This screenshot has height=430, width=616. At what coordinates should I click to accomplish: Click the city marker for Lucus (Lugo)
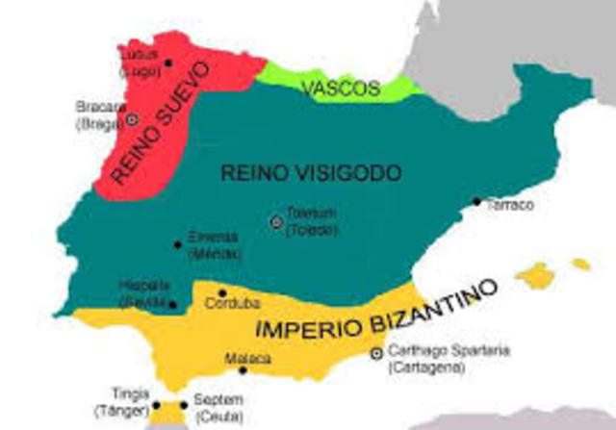(168, 63)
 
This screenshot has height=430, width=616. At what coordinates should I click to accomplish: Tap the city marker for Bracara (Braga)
(132, 119)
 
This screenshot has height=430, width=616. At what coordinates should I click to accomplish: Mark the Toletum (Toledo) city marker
(276, 222)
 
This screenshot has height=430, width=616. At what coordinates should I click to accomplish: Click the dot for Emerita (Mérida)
(177, 244)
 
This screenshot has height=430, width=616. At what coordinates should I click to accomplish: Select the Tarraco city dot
(476, 202)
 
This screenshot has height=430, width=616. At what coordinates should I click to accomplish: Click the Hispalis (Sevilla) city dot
(173, 305)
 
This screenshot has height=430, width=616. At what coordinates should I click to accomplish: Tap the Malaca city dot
(243, 370)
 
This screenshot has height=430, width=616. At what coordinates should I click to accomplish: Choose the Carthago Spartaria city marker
(376, 353)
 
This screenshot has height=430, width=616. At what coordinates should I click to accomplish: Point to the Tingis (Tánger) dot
(157, 406)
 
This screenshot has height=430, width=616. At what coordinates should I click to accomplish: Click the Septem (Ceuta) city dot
(187, 405)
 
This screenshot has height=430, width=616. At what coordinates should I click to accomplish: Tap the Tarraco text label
(510, 205)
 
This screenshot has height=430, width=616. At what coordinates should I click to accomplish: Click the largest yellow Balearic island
(535, 276)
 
